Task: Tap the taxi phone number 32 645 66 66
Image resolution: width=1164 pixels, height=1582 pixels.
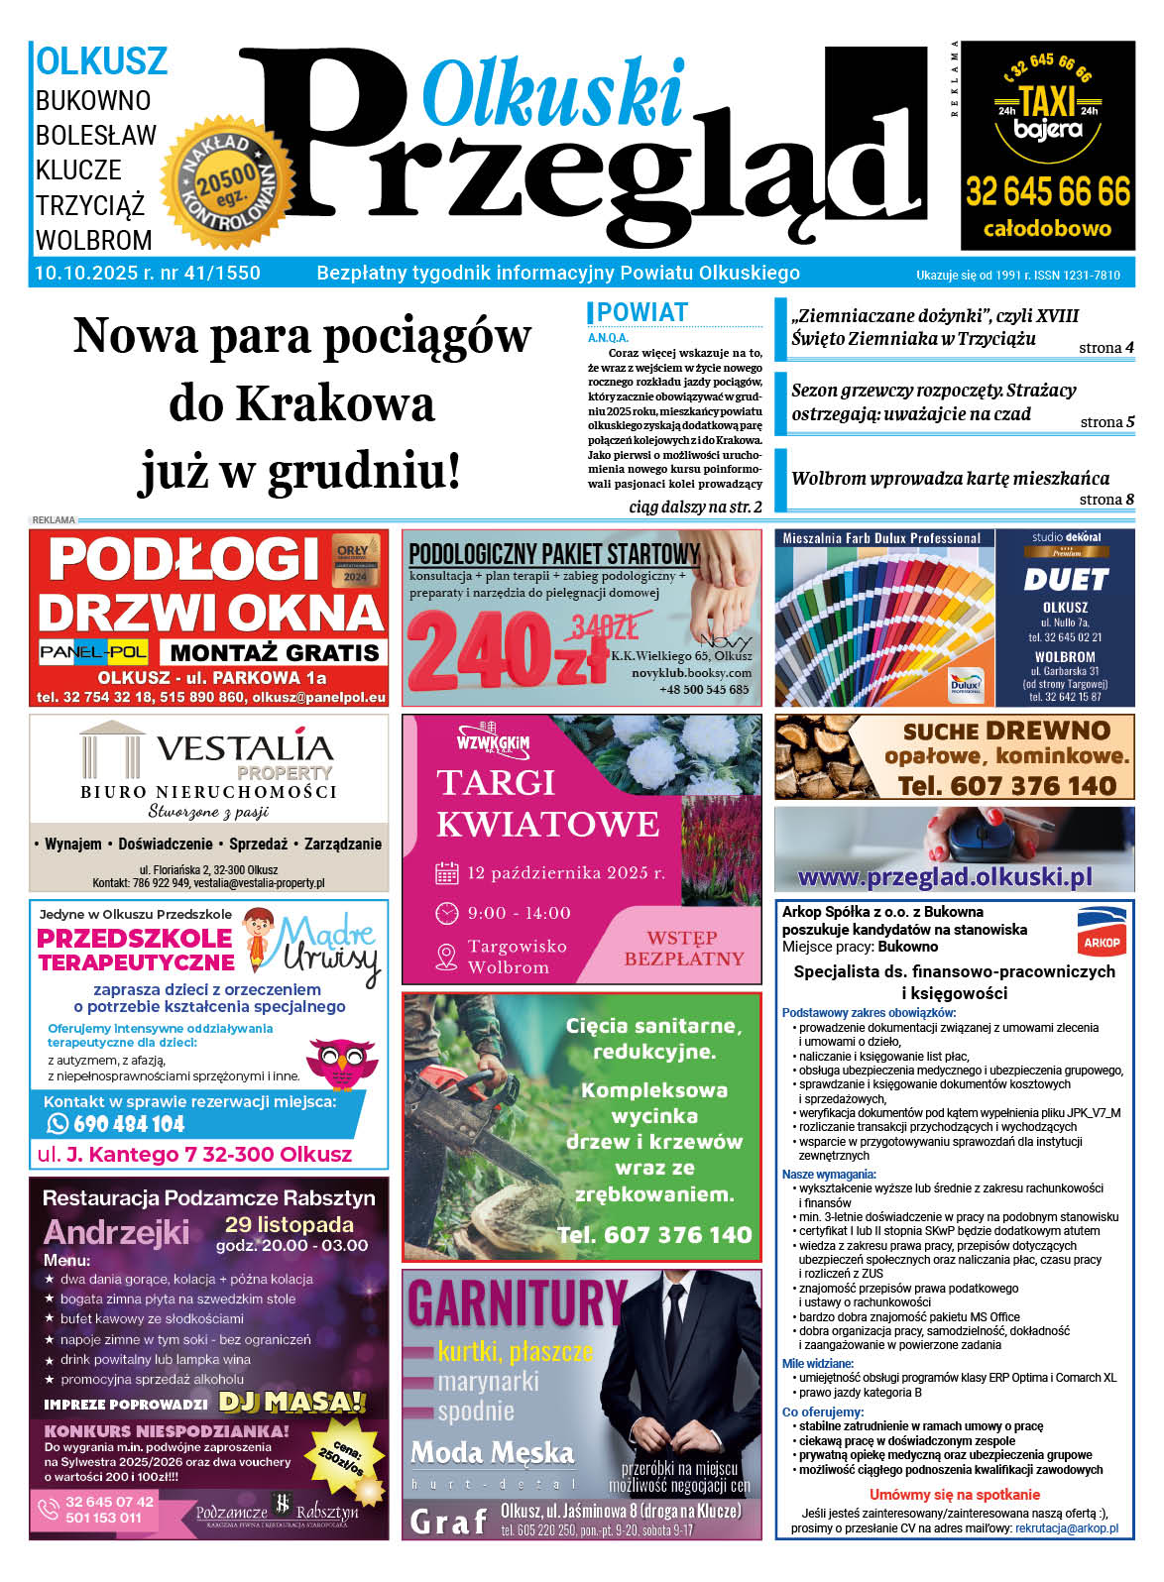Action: tap(1048, 190)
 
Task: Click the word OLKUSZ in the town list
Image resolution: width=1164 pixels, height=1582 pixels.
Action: tap(101, 61)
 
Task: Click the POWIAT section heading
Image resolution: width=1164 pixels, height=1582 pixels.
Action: tap(641, 312)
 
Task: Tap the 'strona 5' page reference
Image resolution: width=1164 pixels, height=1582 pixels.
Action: tap(1106, 422)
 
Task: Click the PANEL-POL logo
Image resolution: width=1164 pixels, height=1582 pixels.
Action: tap(93, 651)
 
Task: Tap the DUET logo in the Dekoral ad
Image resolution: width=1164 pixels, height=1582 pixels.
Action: tap(1065, 579)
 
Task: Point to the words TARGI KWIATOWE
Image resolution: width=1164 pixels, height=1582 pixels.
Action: tap(547, 803)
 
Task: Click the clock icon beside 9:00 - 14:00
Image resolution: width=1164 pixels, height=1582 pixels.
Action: tap(447, 913)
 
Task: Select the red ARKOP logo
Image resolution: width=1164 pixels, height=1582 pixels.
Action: tap(1102, 932)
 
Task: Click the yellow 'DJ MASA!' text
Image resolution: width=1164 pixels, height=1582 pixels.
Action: tap(292, 1402)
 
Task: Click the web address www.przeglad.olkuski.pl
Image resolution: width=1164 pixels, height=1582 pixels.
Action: tap(944, 877)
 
